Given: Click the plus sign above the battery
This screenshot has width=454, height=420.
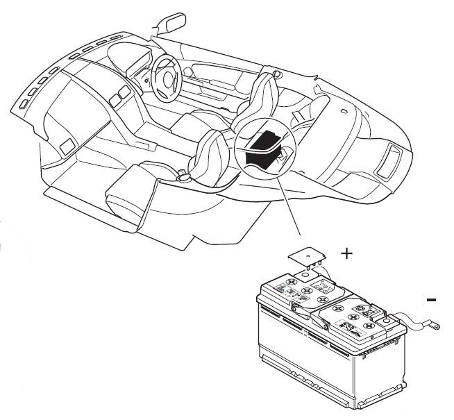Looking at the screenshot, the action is point(347,254).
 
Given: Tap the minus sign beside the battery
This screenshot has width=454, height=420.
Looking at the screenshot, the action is point(431,300).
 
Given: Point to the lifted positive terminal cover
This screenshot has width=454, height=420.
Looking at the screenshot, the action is point(308,257).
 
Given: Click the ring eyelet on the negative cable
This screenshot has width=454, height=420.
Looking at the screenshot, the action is point(434,326).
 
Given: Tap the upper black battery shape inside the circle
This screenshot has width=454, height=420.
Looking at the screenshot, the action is point(265,141).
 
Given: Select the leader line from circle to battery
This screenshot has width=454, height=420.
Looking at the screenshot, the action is point(289,206).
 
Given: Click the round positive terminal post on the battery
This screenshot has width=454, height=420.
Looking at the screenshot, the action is point(304,274).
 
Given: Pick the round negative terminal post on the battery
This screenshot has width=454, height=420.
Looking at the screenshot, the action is point(386,321).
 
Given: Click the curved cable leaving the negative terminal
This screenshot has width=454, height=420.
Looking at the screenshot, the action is point(411,321).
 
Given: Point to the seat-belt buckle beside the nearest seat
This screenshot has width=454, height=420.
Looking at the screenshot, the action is point(183,174).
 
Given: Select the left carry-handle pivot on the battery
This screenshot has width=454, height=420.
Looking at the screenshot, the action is point(295,308).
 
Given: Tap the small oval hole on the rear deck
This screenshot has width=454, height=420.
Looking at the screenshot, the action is point(344,110).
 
